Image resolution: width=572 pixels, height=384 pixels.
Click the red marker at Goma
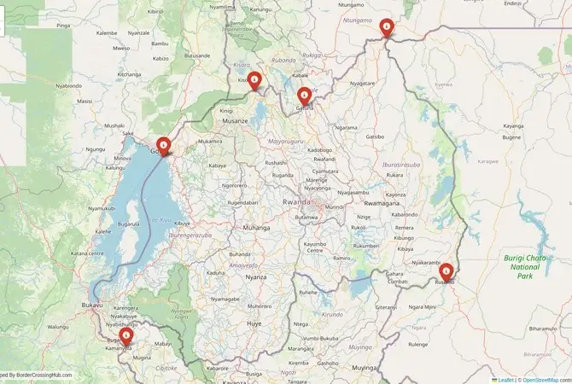(x=162, y=146)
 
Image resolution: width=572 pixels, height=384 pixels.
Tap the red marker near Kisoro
(x=254, y=80)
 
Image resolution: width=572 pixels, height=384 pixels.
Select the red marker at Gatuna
(x=304, y=96)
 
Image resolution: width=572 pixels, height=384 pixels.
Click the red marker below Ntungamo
(x=387, y=27)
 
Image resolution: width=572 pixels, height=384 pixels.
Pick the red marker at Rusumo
(x=445, y=272)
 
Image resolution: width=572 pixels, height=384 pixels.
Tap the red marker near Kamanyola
(x=126, y=336)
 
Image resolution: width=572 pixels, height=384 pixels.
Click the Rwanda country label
(x=295, y=202)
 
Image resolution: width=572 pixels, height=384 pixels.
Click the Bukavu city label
(x=91, y=305)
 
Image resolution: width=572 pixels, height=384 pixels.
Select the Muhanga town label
(x=255, y=229)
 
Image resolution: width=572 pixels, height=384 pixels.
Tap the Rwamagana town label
(x=381, y=204)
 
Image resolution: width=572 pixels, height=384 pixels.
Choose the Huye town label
(x=254, y=324)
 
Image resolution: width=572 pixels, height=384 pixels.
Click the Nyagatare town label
(x=362, y=84)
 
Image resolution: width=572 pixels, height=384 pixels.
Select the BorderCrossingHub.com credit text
(x=38, y=375)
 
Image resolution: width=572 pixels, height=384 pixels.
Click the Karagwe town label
(x=487, y=160)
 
